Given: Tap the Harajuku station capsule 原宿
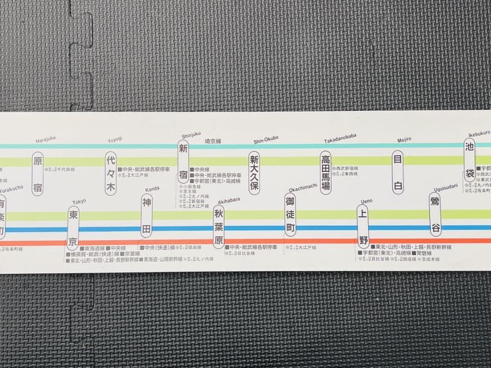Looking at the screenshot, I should click(38, 174).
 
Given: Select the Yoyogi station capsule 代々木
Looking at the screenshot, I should click(110, 174).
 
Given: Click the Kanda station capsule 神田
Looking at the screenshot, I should click(146, 216).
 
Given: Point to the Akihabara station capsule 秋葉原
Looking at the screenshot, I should click(219, 226).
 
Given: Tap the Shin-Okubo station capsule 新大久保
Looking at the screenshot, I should click(254, 173).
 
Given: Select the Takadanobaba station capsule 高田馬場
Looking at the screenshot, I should click(326, 173).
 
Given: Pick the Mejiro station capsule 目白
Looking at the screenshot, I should click(398, 172).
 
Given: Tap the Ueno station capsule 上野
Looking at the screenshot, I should click(362, 226).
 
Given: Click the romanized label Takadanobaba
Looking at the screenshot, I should click(340, 139).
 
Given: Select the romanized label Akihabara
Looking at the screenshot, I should click(229, 200).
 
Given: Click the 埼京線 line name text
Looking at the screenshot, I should click(213, 141).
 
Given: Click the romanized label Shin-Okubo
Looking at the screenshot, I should click(266, 140).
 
